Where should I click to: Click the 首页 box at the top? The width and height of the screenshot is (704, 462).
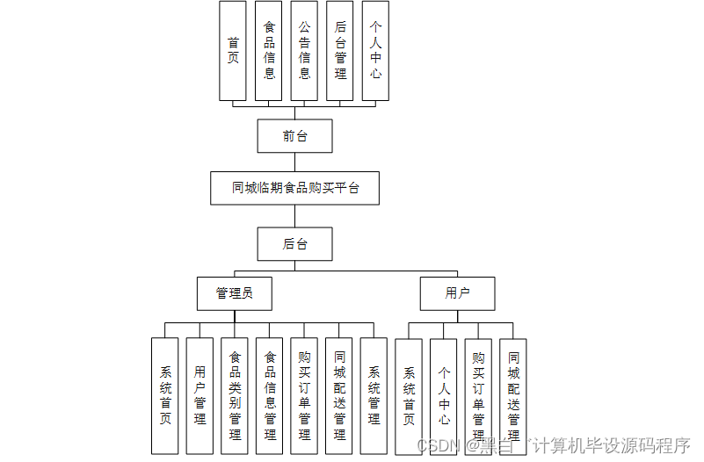233,51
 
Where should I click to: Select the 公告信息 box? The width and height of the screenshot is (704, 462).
304,51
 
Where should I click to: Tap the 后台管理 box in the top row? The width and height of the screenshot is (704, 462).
340,51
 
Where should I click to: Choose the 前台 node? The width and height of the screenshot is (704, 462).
295,136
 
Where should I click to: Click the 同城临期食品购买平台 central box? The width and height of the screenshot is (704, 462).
295,188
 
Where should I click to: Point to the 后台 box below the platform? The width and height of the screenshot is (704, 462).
295,244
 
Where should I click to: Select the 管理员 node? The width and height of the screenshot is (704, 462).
234,293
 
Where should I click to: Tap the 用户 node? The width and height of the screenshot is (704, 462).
457,293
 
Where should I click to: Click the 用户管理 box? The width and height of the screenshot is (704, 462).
200,395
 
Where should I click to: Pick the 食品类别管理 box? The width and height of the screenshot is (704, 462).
235,395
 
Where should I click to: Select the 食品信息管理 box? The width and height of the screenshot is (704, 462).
270,395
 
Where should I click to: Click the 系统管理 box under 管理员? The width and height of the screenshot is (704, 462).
374,395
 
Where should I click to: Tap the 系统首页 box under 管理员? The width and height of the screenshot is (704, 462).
165,395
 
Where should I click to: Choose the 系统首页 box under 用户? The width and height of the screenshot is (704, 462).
409,395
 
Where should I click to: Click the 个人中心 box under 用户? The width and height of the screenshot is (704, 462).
444,395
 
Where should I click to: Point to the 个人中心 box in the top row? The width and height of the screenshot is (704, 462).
375,51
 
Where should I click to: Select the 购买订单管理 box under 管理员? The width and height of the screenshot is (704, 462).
304,395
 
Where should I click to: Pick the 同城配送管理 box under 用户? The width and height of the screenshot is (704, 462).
513,395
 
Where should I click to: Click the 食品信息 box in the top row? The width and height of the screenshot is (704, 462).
269,51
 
